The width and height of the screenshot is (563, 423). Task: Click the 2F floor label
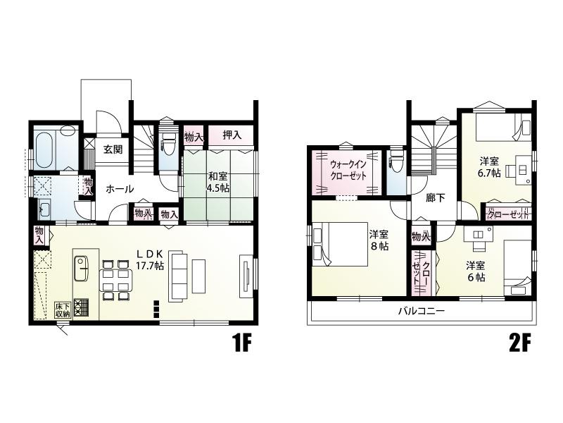pos(519,344)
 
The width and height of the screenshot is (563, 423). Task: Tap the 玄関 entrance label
pos(113,149)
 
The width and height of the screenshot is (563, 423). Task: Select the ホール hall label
pos(120,189)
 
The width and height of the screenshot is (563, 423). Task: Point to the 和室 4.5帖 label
pos(219,182)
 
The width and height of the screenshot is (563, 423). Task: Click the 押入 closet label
pos(232,135)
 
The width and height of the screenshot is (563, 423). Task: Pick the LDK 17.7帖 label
pos(150,259)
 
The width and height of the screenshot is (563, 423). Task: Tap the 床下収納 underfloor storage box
pos(63,310)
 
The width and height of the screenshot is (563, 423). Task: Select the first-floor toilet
pos(168,142)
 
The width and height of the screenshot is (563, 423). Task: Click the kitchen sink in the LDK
pos(82,269)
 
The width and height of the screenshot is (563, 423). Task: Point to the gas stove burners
pos(81,308)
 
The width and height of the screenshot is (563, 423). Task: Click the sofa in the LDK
pos(178,276)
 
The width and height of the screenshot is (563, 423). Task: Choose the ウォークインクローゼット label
pos(348,170)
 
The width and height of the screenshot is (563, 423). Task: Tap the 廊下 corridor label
pos(435,198)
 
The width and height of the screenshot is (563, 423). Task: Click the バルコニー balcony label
pos(422,310)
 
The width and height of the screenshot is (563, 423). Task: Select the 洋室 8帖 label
pos(379,241)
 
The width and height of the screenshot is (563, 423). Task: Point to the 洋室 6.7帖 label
pos(488,167)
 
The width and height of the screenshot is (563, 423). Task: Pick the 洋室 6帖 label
pos(476,271)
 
